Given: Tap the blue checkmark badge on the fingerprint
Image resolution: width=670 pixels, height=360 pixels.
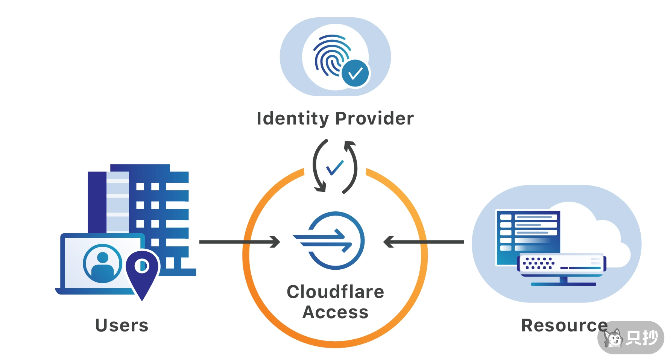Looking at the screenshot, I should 356,73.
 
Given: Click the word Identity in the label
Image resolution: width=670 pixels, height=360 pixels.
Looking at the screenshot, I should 293,118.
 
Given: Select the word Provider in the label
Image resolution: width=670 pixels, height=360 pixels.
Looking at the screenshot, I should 374,118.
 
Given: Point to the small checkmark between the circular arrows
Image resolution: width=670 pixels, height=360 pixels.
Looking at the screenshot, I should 335,167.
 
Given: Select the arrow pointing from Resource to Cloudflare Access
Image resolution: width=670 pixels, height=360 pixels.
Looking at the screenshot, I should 423,242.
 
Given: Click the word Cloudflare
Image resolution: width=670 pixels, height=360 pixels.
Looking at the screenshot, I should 335,292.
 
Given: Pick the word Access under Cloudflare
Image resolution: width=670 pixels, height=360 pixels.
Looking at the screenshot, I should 335,312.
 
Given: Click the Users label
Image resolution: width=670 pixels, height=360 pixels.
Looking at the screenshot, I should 122,325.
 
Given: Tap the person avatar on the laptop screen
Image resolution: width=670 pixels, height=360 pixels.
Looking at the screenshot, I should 102,263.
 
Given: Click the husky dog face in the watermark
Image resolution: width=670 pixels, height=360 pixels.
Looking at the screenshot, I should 613,338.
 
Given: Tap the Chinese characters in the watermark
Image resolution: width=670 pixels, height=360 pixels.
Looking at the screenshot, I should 642,338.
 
